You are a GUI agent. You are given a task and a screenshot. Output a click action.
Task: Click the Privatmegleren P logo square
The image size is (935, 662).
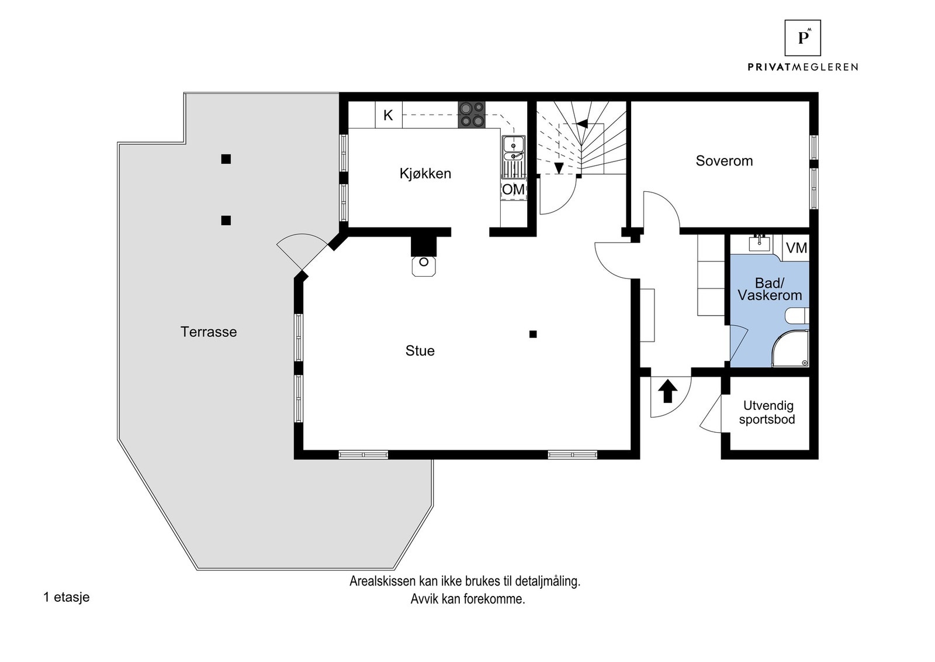802,37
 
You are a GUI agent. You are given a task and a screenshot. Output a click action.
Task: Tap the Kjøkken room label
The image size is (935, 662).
425,174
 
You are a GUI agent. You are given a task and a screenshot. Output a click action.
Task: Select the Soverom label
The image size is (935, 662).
723,161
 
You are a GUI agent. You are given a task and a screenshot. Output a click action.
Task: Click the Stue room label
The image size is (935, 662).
420,351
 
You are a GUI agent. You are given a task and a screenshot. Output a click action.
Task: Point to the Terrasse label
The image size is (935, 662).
209,332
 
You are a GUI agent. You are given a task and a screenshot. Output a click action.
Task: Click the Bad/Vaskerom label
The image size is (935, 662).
769,289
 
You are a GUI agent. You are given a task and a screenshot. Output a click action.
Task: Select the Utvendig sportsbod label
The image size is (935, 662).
767,412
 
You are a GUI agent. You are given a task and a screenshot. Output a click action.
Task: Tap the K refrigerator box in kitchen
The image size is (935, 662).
388,115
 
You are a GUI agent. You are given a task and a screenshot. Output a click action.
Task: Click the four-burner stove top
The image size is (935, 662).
471,115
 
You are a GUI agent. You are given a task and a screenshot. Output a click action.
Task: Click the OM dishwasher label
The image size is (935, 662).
513,189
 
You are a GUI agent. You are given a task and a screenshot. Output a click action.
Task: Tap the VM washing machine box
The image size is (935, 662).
796,248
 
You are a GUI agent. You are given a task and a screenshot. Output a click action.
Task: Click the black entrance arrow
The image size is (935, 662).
668,391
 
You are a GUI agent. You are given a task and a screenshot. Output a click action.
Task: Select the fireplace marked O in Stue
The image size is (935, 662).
424,264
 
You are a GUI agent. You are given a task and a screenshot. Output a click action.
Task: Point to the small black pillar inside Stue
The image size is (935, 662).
533,335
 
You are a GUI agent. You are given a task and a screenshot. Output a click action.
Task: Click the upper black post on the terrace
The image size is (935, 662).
226,159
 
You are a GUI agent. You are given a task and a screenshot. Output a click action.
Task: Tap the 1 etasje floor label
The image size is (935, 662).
66,597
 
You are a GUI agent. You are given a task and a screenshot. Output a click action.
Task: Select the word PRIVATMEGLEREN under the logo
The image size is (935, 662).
802,67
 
